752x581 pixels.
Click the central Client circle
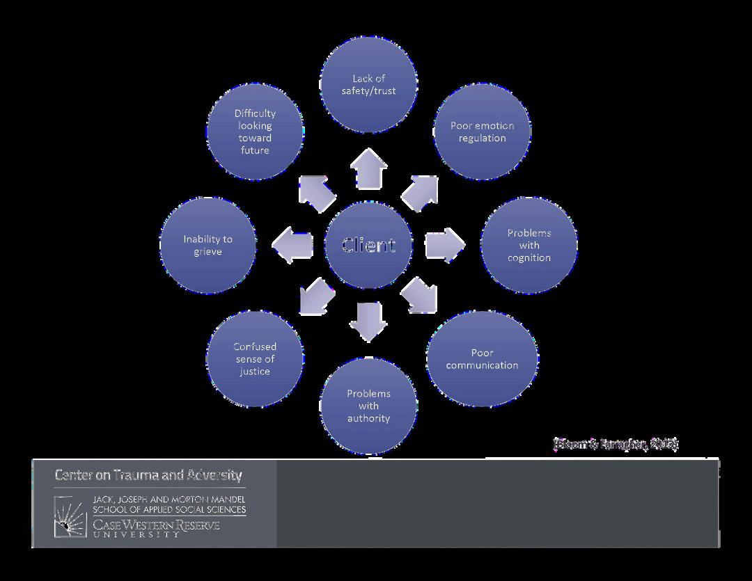tap(368, 245)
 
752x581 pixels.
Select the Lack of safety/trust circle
tap(368, 84)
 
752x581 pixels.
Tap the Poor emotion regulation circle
tap(482, 132)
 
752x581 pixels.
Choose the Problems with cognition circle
tap(529, 245)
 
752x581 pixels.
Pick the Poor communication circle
tap(482, 359)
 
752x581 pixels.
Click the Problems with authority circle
tap(368, 406)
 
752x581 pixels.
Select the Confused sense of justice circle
tap(255, 359)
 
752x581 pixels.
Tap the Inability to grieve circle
tap(207, 245)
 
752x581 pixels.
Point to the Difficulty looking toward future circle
tap(255, 132)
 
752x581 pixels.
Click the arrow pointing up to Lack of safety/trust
tap(368, 168)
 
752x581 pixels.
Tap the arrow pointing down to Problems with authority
tap(368, 321)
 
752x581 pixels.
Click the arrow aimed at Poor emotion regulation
tap(421, 191)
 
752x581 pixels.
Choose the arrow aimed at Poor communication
tap(421, 296)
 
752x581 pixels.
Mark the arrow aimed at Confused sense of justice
tap(315, 296)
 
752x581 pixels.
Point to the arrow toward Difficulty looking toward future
tap(316, 193)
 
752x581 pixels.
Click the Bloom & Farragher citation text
tap(616, 444)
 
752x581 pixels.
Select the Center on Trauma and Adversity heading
tap(148, 475)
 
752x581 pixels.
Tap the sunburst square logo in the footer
tap(70, 516)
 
